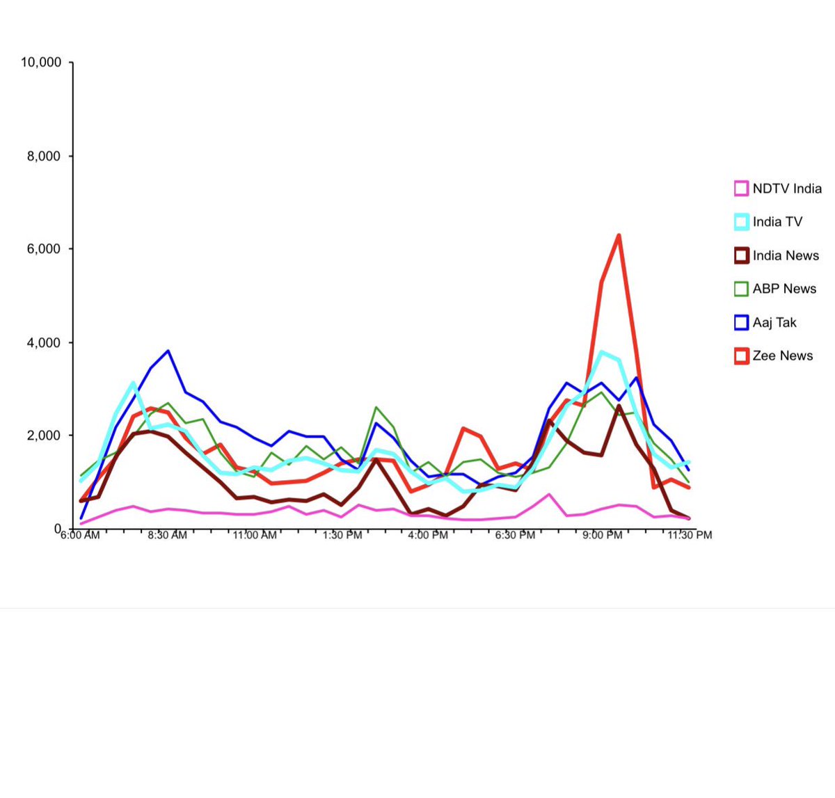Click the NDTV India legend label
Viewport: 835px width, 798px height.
pos(786,189)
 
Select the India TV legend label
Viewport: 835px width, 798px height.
pos(777,222)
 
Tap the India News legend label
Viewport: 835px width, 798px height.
pos(786,255)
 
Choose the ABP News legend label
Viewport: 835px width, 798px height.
pos(784,289)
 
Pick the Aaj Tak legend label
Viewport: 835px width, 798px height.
pos(774,322)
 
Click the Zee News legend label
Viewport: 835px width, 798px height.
pos(782,356)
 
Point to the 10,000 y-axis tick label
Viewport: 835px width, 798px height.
pos(41,63)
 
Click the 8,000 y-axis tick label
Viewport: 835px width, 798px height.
pos(44,156)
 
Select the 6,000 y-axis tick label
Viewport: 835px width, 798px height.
pos(44,249)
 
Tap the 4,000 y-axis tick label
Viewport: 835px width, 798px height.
pos(44,342)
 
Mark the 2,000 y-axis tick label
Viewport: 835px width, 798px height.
pos(44,436)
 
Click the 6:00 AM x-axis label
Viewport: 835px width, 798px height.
pos(80,535)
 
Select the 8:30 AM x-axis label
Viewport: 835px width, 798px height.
pos(167,535)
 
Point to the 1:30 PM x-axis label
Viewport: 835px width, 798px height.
pos(342,535)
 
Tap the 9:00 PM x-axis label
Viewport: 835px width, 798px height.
pos(602,535)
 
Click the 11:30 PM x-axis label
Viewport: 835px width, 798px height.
pos(690,535)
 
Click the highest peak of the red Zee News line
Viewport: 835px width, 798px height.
pos(619,236)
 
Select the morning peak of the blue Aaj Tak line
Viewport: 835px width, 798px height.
pos(168,351)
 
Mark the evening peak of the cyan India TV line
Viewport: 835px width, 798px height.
pos(603,352)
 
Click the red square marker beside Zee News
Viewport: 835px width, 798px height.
pos(741,356)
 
